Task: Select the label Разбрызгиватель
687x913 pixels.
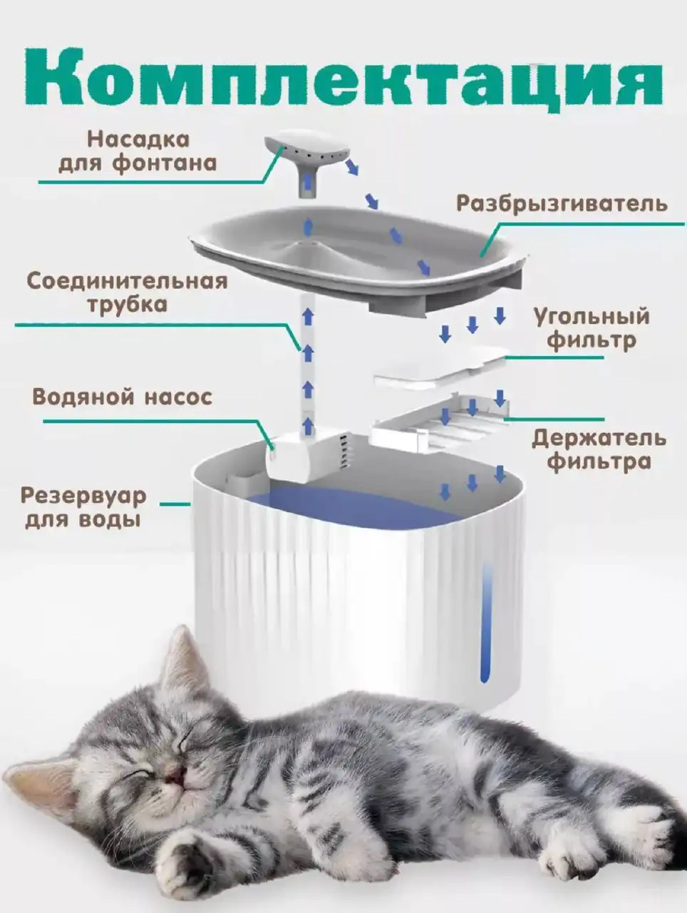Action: point(562,204)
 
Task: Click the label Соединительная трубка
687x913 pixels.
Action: point(128,292)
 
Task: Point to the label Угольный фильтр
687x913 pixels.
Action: point(592,328)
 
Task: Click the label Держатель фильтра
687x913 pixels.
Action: point(599,449)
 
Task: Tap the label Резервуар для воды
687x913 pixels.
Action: point(83,506)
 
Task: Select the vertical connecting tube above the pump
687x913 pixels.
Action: point(308,357)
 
